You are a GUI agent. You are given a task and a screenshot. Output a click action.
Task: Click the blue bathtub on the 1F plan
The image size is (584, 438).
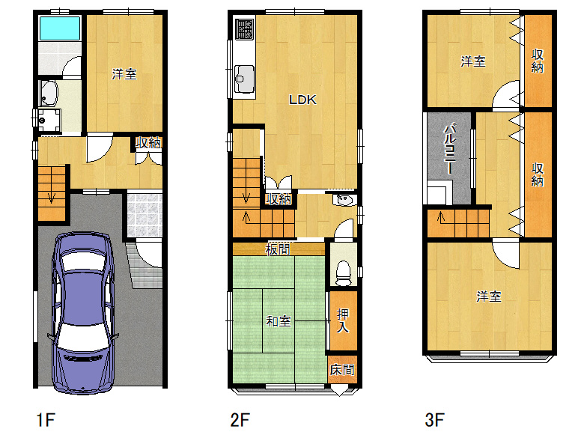pos(60,28)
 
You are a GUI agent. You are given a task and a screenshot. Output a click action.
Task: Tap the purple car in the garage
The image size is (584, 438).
pos(83,313)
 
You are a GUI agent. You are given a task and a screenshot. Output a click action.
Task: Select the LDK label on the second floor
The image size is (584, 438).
pos(302,100)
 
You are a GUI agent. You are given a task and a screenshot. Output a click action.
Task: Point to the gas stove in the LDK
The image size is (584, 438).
pos(245,29)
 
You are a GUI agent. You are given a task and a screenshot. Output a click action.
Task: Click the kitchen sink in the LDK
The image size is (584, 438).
pos(244,79)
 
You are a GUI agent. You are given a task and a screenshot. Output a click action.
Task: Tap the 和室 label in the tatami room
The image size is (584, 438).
pos(279,321)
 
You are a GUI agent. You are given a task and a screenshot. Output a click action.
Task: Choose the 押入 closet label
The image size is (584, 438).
pos(343,321)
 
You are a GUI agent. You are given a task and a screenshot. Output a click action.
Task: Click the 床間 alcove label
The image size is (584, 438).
pos(342,370)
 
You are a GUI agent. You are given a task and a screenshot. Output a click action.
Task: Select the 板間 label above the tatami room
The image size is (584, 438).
pos(278,249)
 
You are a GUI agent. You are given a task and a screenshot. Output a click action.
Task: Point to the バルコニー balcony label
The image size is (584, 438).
pos(450,148)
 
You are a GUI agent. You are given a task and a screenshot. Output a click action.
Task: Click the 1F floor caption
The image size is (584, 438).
pos(46,420)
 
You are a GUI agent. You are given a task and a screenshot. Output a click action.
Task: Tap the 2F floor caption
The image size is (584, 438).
pos(240,420)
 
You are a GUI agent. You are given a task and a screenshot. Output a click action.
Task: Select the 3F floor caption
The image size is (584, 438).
pos(435,420)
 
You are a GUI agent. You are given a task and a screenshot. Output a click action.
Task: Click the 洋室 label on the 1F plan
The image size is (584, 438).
pos(124,73)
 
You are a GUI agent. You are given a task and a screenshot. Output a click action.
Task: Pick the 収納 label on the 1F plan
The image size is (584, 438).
pos(147,143)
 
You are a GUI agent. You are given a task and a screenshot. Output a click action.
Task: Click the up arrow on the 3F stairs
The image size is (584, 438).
pos(441,217)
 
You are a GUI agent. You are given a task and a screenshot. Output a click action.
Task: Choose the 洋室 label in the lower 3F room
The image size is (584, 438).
pos(489,296)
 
